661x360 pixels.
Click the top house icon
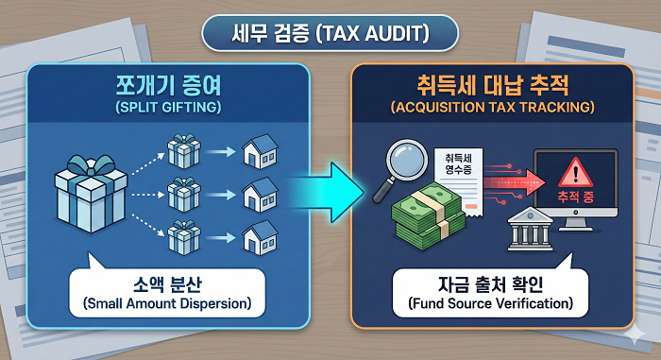(x=259, y=150)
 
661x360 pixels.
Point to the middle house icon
(x=259, y=194)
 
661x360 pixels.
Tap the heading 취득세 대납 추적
(x=491, y=86)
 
